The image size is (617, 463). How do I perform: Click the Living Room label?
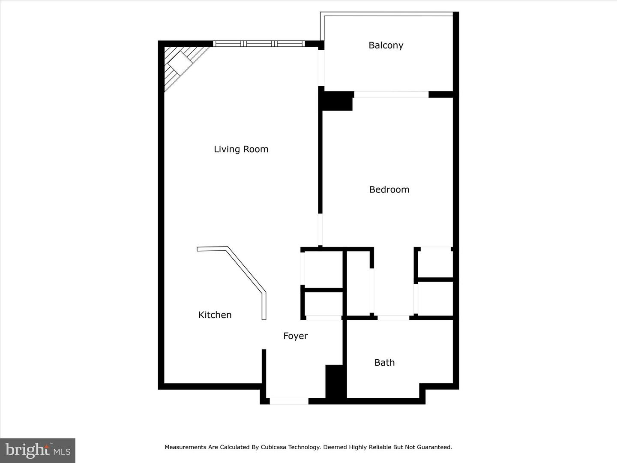tap(241, 149)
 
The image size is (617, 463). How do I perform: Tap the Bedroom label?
tap(389, 189)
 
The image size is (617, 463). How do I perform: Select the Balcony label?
tap(386, 45)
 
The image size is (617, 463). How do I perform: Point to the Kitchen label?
tap(215, 315)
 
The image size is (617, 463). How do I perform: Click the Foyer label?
tap(295, 336)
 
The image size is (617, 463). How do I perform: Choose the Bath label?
tap(384, 363)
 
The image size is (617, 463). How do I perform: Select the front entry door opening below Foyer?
tap(289, 401)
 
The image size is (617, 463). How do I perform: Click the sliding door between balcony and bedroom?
tap(391, 94)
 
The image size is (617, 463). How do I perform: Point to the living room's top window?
tap(259, 43)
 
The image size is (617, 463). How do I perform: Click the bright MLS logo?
tap(38, 450)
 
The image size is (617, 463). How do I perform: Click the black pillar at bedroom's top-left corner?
tap(336, 101)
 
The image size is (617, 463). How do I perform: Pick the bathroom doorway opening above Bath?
tap(393, 318)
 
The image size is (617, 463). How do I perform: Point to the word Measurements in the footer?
tap(186, 447)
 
